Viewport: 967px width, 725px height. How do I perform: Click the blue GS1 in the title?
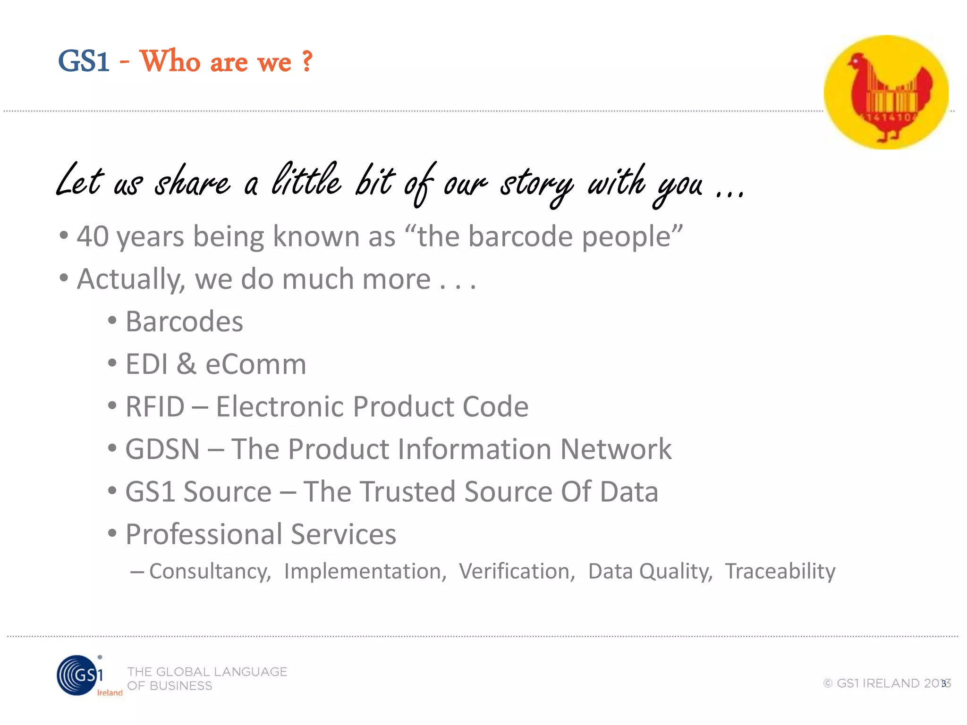(84, 61)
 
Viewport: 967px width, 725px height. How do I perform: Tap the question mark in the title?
(307, 61)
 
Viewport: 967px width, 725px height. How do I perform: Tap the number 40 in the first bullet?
(93, 236)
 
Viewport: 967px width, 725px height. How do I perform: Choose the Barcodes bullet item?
(184, 322)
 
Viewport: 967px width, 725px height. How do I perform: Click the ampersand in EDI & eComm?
(186, 364)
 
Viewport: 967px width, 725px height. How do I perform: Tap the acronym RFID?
(155, 407)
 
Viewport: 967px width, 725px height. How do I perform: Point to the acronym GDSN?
(162, 449)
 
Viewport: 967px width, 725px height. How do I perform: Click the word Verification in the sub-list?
(517, 572)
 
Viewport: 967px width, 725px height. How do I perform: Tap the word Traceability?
(780, 572)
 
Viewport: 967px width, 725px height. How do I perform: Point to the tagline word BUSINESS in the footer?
(181, 686)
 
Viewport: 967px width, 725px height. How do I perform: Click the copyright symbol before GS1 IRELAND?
(828, 683)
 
